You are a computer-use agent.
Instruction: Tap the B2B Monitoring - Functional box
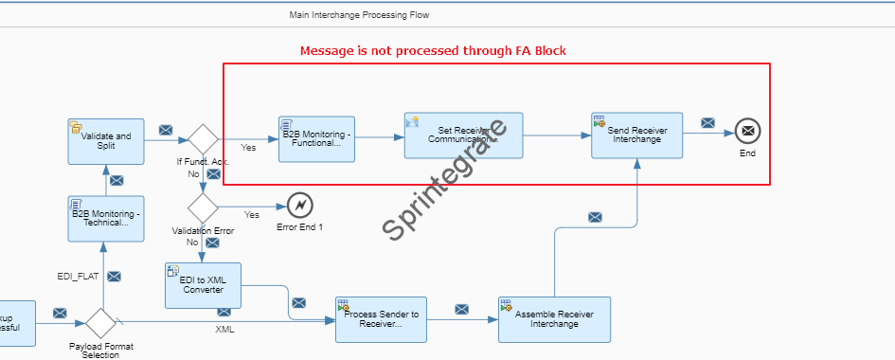(316, 138)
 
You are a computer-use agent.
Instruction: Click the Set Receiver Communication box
(462, 135)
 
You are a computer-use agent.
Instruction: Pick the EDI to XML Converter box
(203, 285)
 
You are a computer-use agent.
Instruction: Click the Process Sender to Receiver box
(381, 320)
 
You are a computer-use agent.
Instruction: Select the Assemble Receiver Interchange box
(554, 319)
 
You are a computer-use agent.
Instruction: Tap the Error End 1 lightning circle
(300, 204)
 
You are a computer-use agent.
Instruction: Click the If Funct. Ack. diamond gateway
(203, 137)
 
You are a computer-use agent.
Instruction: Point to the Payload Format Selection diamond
(99, 322)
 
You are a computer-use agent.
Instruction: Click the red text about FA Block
(433, 51)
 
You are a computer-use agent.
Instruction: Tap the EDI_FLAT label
(79, 276)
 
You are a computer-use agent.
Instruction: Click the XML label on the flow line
(225, 330)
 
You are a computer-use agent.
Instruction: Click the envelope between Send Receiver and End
(707, 122)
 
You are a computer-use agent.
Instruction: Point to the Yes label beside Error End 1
(252, 214)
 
